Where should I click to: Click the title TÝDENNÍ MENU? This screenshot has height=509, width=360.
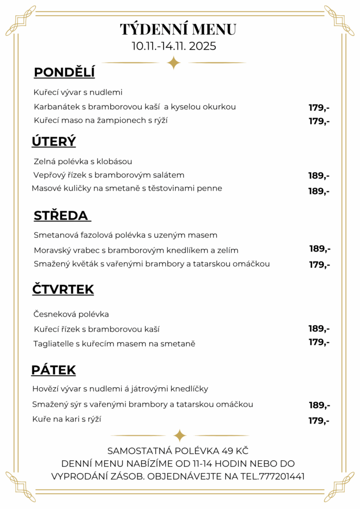pyautogui.click(x=178, y=29)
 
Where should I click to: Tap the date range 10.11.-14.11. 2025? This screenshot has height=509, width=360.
pyautogui.click(x=174, y=46)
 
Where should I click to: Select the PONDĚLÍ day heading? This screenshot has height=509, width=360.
pyautogui.click(x=64, y=73)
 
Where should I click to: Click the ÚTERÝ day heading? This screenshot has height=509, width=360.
pyautogui.click(x=54, y=142)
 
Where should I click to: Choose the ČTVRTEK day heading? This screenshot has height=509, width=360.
pyautogui.click(x=63, y=289)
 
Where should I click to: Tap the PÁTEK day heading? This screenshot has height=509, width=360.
pyautogui.click(x=54, y=370)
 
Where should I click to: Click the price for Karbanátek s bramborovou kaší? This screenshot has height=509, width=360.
pyautogui.click(x=319, y=107)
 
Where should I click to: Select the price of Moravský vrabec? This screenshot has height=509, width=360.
pyautogui.click(x=320, y=249)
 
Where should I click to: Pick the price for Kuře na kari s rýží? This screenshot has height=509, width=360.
pyautogui.click(x=319, y=421)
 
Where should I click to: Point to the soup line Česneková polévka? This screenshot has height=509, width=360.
pyautogui.click(x=71, y=314)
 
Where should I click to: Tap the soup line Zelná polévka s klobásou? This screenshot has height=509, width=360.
pyautogui.click(x=83, y=162)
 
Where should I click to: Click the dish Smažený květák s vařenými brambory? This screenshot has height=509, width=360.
pyautogui.click(x=152, y=264)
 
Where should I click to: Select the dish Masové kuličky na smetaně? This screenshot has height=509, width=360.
pyautogui.click(x=127, y=188)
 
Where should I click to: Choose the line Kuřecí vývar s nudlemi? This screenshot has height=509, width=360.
pyautogui.click(x=78, y=92)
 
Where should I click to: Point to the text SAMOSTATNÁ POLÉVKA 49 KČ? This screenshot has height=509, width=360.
pyautogui.click(x=178, y=451)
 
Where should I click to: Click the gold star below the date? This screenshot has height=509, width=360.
pyautogui.click(x=174, y=63)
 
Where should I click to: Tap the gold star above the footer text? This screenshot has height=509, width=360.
pyautogui.click(x=180, y=435)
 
